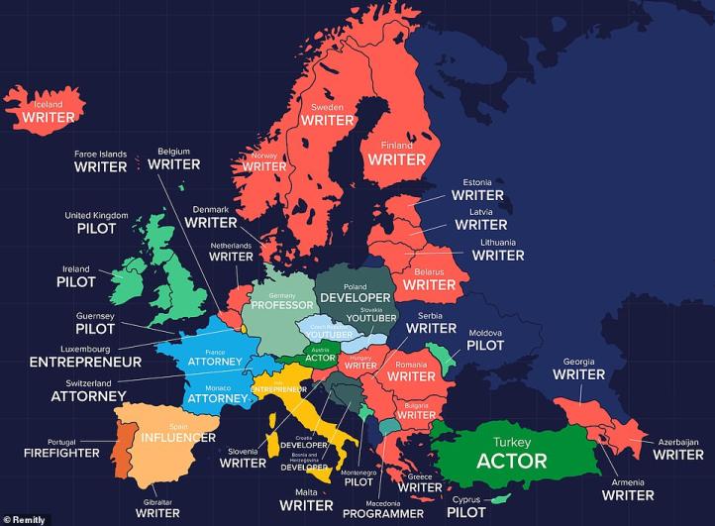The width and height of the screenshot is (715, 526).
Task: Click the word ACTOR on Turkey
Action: pyautogui.click(x=511, y=461)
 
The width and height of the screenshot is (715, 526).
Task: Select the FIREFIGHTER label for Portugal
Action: pyautogui.click(x=61, y=453)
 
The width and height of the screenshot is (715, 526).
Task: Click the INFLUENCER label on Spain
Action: pyautogui.click(x=177, y=437)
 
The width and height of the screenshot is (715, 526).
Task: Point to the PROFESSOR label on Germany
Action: pyautogui.click(x=281, y=305)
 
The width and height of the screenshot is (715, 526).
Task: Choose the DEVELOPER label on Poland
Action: pyautogui.click(x=355, y=297)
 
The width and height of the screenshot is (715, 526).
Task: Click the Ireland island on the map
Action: pyautogui.click(x=125, y=281)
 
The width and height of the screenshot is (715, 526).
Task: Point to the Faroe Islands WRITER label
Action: pyautogui.click(x=100, y=166)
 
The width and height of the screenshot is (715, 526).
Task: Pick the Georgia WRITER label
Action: pyautogui.click(x=578, y=374)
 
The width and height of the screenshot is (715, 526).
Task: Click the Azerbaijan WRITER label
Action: pyautogui.click(x=677, y=455)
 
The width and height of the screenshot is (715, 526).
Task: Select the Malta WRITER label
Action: pyautogui.click(x=306, y=505)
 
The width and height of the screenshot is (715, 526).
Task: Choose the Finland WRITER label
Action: pyautogui.click(x=397, y=158)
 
